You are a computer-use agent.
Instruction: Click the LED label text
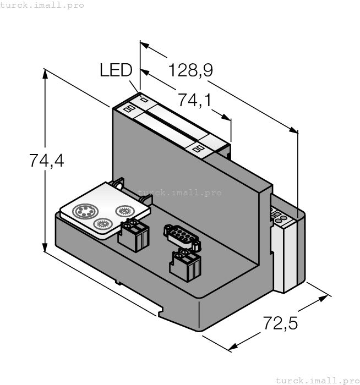coord(116,70)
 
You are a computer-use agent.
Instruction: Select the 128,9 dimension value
coord(190,70)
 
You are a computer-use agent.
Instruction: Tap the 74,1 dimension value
coord(195,100)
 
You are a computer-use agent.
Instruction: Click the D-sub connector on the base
coord(181,235)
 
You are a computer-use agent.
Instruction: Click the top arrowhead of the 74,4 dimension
coord(45,73)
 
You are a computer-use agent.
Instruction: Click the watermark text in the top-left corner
coord(42,5)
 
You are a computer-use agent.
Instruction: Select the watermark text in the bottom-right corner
coord(317,380)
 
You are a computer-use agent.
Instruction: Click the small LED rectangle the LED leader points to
coord(144,100)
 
